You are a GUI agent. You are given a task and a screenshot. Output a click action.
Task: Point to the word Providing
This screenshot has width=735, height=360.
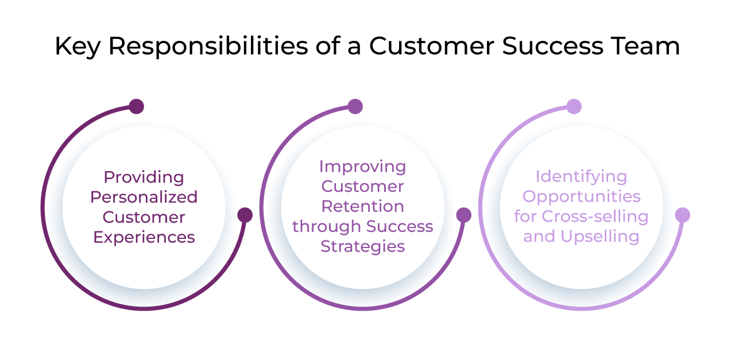[x=144, y=177]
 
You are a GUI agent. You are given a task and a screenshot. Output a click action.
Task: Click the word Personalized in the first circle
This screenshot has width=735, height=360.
[x=144, y=197]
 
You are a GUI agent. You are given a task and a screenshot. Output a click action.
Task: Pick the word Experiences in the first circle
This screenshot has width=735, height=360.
[x=144, y=237]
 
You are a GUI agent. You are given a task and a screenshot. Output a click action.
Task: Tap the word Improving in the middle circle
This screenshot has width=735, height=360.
[x=362, y=167]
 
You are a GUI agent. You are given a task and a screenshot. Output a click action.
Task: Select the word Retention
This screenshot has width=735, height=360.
[x=362, y=207]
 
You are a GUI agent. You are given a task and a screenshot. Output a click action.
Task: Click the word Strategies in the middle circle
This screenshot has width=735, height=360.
[x=362, y=247]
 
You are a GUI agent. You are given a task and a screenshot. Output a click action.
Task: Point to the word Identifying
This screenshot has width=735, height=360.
[x=581, y=176]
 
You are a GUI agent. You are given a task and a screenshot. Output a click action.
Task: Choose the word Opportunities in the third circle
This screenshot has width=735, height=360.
[x=581, y=196]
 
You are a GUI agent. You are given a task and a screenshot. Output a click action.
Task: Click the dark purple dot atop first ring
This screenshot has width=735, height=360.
[x=136, y=106]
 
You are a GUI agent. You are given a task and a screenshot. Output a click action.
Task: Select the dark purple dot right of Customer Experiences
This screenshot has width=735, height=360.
[x=245, y=215]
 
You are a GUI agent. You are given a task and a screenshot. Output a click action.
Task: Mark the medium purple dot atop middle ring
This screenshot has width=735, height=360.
[x=355, y=106]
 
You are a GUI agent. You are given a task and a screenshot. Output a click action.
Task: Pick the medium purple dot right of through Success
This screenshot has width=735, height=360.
[x=463, y=215]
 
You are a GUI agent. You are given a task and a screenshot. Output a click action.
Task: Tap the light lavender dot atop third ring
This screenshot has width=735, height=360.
[x=574, y=106]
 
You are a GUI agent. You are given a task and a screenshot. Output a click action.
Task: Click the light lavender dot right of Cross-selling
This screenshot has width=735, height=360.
[x=682, y=215]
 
